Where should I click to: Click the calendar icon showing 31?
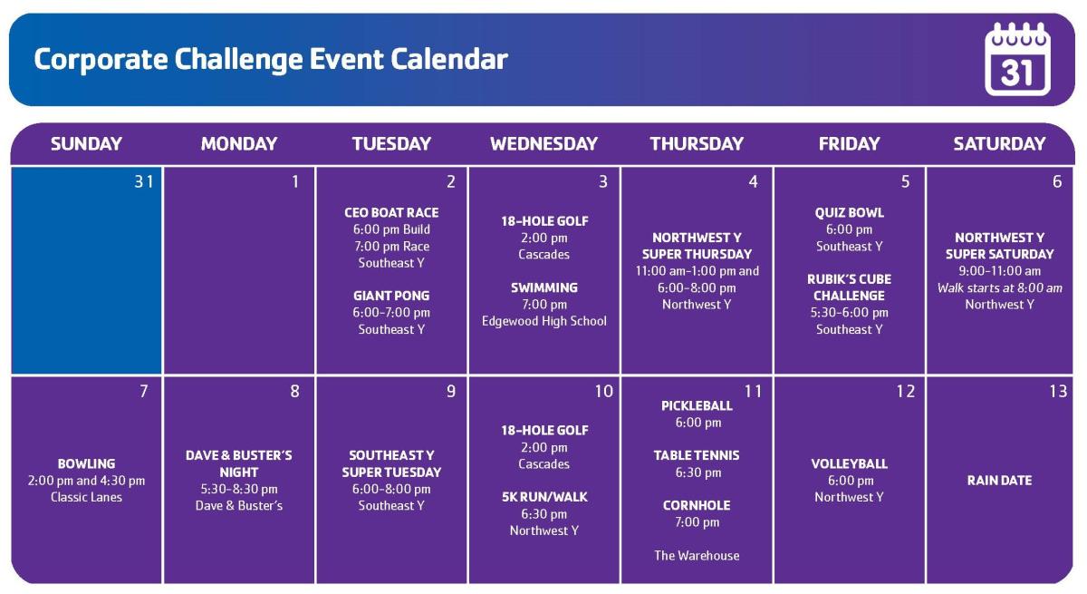tap(1017, 59)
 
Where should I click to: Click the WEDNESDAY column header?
tap(543, 144)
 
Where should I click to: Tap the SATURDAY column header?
tap(999, 144)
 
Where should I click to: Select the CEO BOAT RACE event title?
tap(391, 213)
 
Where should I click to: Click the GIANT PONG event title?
tap(391, 296)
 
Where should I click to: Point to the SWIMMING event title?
tap(544, 287)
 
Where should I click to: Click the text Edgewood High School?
tap(544, 321)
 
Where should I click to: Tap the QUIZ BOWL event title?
tap(850, 213)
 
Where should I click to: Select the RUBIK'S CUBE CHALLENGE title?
tap(850, 287)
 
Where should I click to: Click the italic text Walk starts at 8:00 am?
tap(1000, 288)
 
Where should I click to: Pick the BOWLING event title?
tap(86, 463)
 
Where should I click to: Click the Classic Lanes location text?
tap(86, 497)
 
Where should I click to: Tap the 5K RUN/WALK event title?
tap(544, 497)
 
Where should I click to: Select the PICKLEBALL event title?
tap(697, 406)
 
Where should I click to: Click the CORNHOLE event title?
tap(697, 506)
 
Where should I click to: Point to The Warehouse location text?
tap(697, 556)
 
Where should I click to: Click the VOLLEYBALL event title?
tap(850, 463)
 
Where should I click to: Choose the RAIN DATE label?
tap(999, 481)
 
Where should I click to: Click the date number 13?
tap(1058, 392)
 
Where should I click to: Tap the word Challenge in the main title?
tap(237, 60)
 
